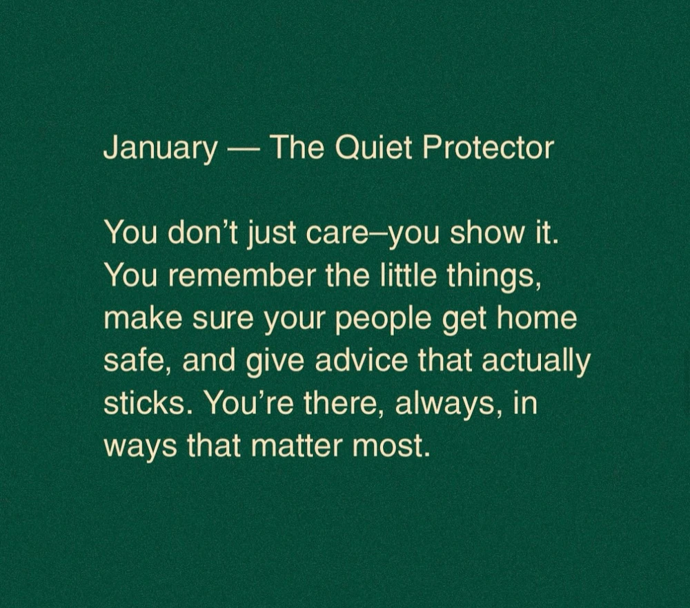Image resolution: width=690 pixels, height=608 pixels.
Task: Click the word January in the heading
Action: pyautogui.click(x=160, y=148)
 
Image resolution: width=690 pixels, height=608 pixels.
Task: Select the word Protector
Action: pyautogui.click(x=488, y=148)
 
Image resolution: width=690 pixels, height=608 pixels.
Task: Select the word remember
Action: pyautogui.click(x=241, y=275)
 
